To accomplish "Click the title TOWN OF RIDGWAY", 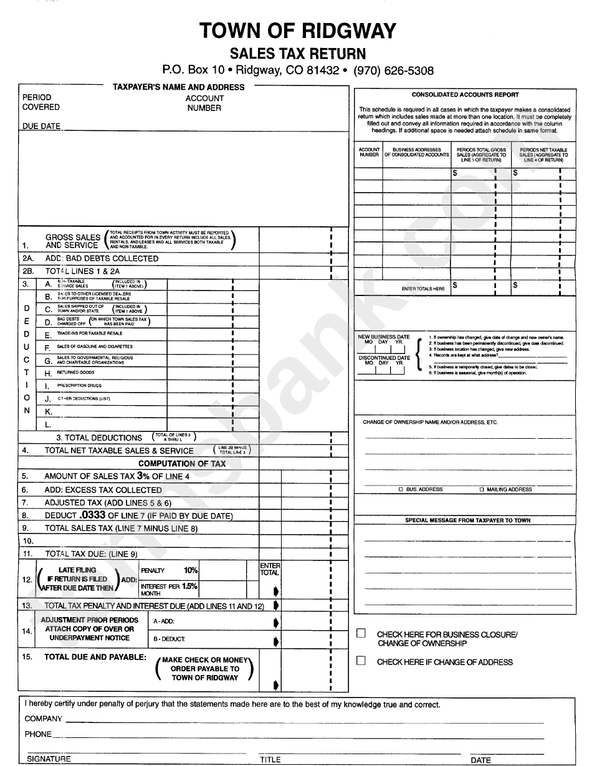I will (x=297, y=31).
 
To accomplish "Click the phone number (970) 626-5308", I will (x=393, y=71).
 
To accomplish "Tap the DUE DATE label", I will (x=41, y=126).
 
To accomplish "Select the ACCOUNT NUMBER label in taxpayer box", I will (x=204, y=103).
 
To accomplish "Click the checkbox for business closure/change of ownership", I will (x=361, y=633).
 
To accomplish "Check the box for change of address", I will (x=361, y=661).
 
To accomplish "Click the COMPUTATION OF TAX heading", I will (x=182, y=464).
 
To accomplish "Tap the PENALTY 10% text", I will (x=169, y=570).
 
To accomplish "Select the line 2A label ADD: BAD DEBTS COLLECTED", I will (x=102, y=258).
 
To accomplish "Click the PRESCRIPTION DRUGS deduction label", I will (x=79, y=386).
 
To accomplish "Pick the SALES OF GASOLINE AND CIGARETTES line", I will (x=95, y=347).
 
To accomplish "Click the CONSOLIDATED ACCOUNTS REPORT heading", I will (x=465, y=95).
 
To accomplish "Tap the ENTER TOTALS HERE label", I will (x=423, y=289).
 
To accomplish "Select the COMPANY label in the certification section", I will (x=44, y=719).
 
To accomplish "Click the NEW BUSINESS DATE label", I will (x=383, y=337).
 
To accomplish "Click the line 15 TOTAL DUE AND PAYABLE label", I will (x=95, y=657).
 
